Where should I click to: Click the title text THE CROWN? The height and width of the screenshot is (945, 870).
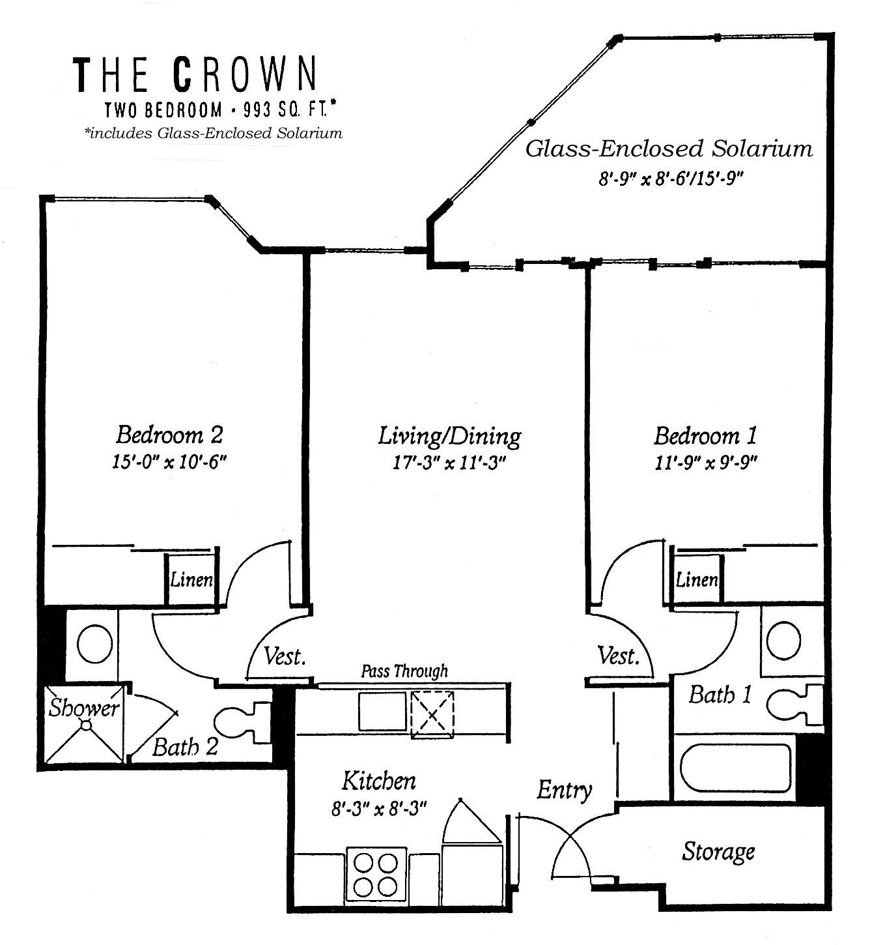pos(195,74)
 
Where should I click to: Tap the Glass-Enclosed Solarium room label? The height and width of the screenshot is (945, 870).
pos(669,149)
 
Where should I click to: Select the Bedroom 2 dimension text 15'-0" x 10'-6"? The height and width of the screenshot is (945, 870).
pos(169,461)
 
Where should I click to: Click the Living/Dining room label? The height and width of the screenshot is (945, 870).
pos(449,436)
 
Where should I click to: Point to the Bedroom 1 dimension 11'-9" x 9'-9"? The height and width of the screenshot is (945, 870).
pos(706,463)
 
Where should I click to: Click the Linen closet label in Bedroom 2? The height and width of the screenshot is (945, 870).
pos(191,580)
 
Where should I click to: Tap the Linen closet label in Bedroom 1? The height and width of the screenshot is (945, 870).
pos(697,579)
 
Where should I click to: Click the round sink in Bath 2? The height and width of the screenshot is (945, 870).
pos(94,644)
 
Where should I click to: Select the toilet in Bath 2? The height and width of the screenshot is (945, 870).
pos(242,723)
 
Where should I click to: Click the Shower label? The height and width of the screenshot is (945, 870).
pos(84,708)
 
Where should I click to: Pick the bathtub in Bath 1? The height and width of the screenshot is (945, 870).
pos(736,768)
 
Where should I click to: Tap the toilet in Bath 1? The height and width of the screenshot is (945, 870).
pos(794,705)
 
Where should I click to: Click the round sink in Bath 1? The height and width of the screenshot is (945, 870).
pos(783,641)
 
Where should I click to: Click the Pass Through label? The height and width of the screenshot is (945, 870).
pos(404,671)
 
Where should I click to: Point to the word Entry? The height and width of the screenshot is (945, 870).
pos(565,790)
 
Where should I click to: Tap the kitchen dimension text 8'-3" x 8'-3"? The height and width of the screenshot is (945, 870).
pos(379,809)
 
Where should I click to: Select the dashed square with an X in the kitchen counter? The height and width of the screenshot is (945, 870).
pos(432,715)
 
